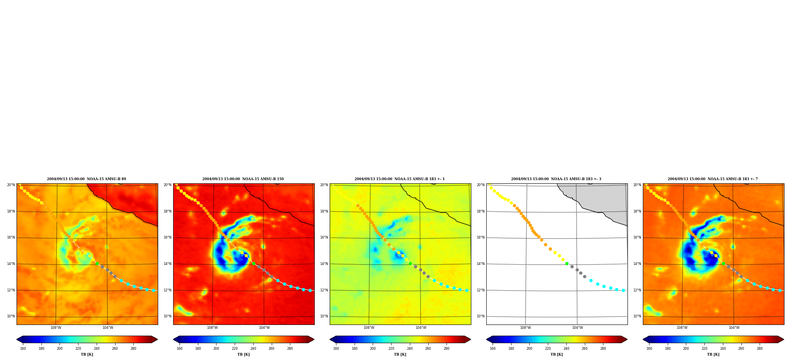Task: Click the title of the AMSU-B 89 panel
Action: (x=86, y=179)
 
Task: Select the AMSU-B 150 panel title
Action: (x=243, y=179)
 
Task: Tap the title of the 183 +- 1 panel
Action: (x=400, y=179)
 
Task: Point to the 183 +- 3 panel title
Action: (x=556, y=179)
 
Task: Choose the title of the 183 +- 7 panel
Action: (x=713, y=179)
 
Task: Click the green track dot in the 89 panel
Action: (x=97, y=264)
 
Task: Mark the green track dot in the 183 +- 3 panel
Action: (x=567, y=264)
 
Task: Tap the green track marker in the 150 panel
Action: (x=254, y=264)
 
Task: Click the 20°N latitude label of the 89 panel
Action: (x=11, y=185)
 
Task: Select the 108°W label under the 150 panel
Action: (x=212, y=328)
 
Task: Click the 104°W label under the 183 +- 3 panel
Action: (x=577, y=328)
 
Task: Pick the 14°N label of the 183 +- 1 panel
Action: (x=324, y=264)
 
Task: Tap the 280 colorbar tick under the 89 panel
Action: (x=133, y=349)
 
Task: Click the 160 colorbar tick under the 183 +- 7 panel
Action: (x=649, y=349)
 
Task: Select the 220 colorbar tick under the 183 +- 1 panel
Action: (x=391, y=349)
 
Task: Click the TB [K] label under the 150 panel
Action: (x=243, y=354)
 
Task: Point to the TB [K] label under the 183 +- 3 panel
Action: (x=556, y=354)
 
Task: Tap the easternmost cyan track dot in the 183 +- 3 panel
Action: (x=623, y=290)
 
